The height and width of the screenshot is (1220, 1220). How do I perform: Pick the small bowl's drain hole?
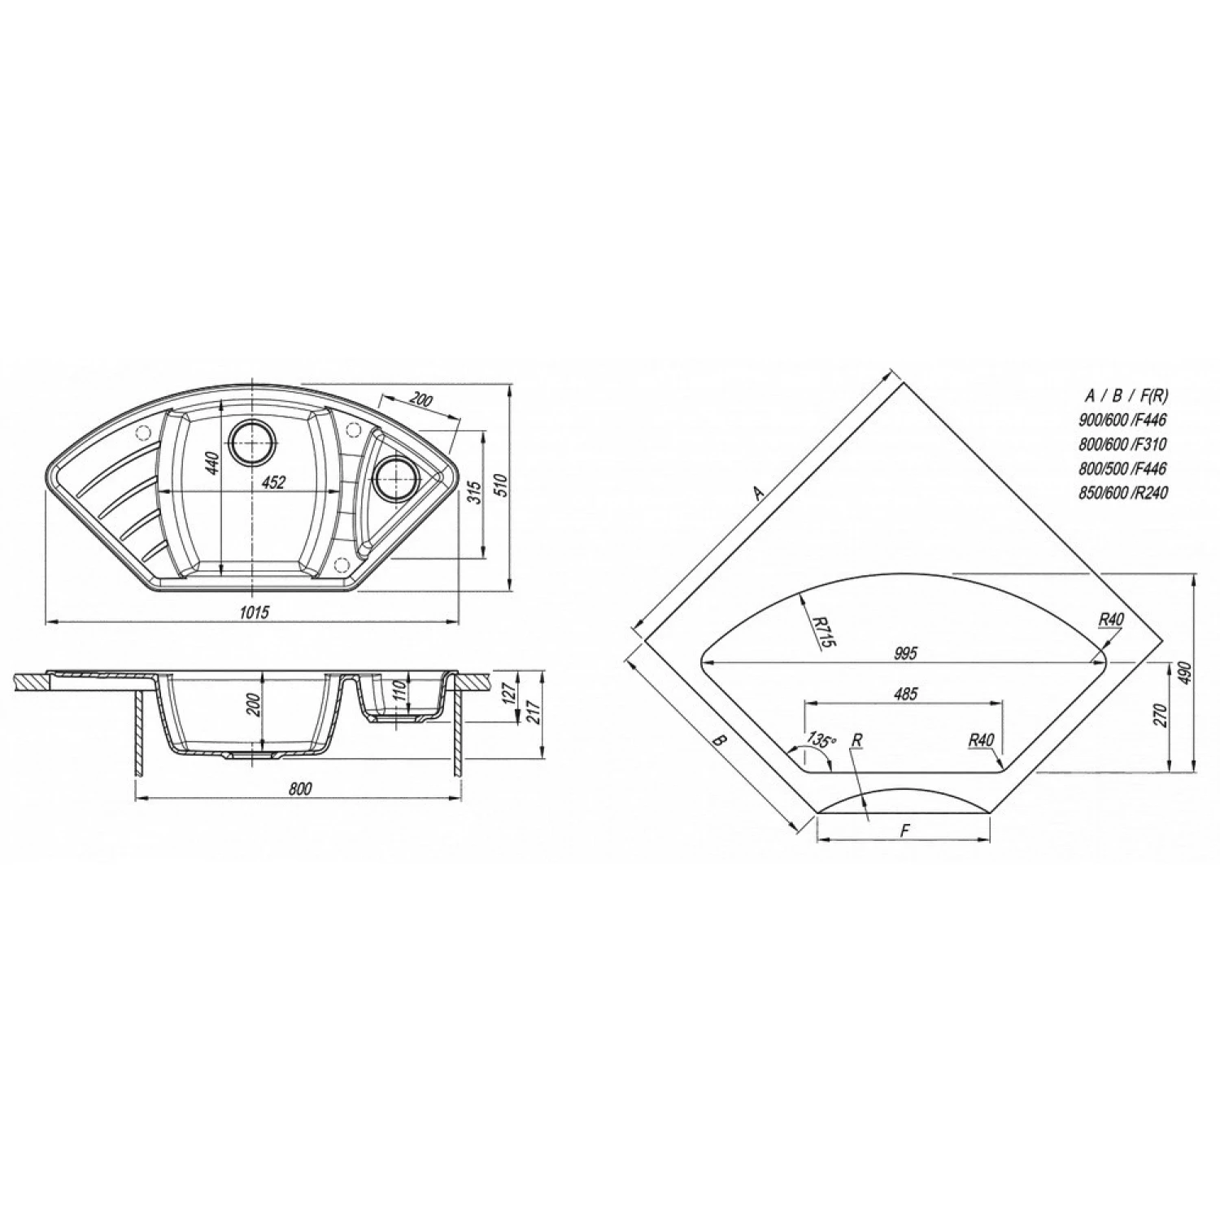click(x=396, y=478)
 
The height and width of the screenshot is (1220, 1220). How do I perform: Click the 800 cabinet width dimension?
click(x=300, y=788)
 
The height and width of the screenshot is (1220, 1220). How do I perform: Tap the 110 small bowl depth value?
click(x=399, y=693)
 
